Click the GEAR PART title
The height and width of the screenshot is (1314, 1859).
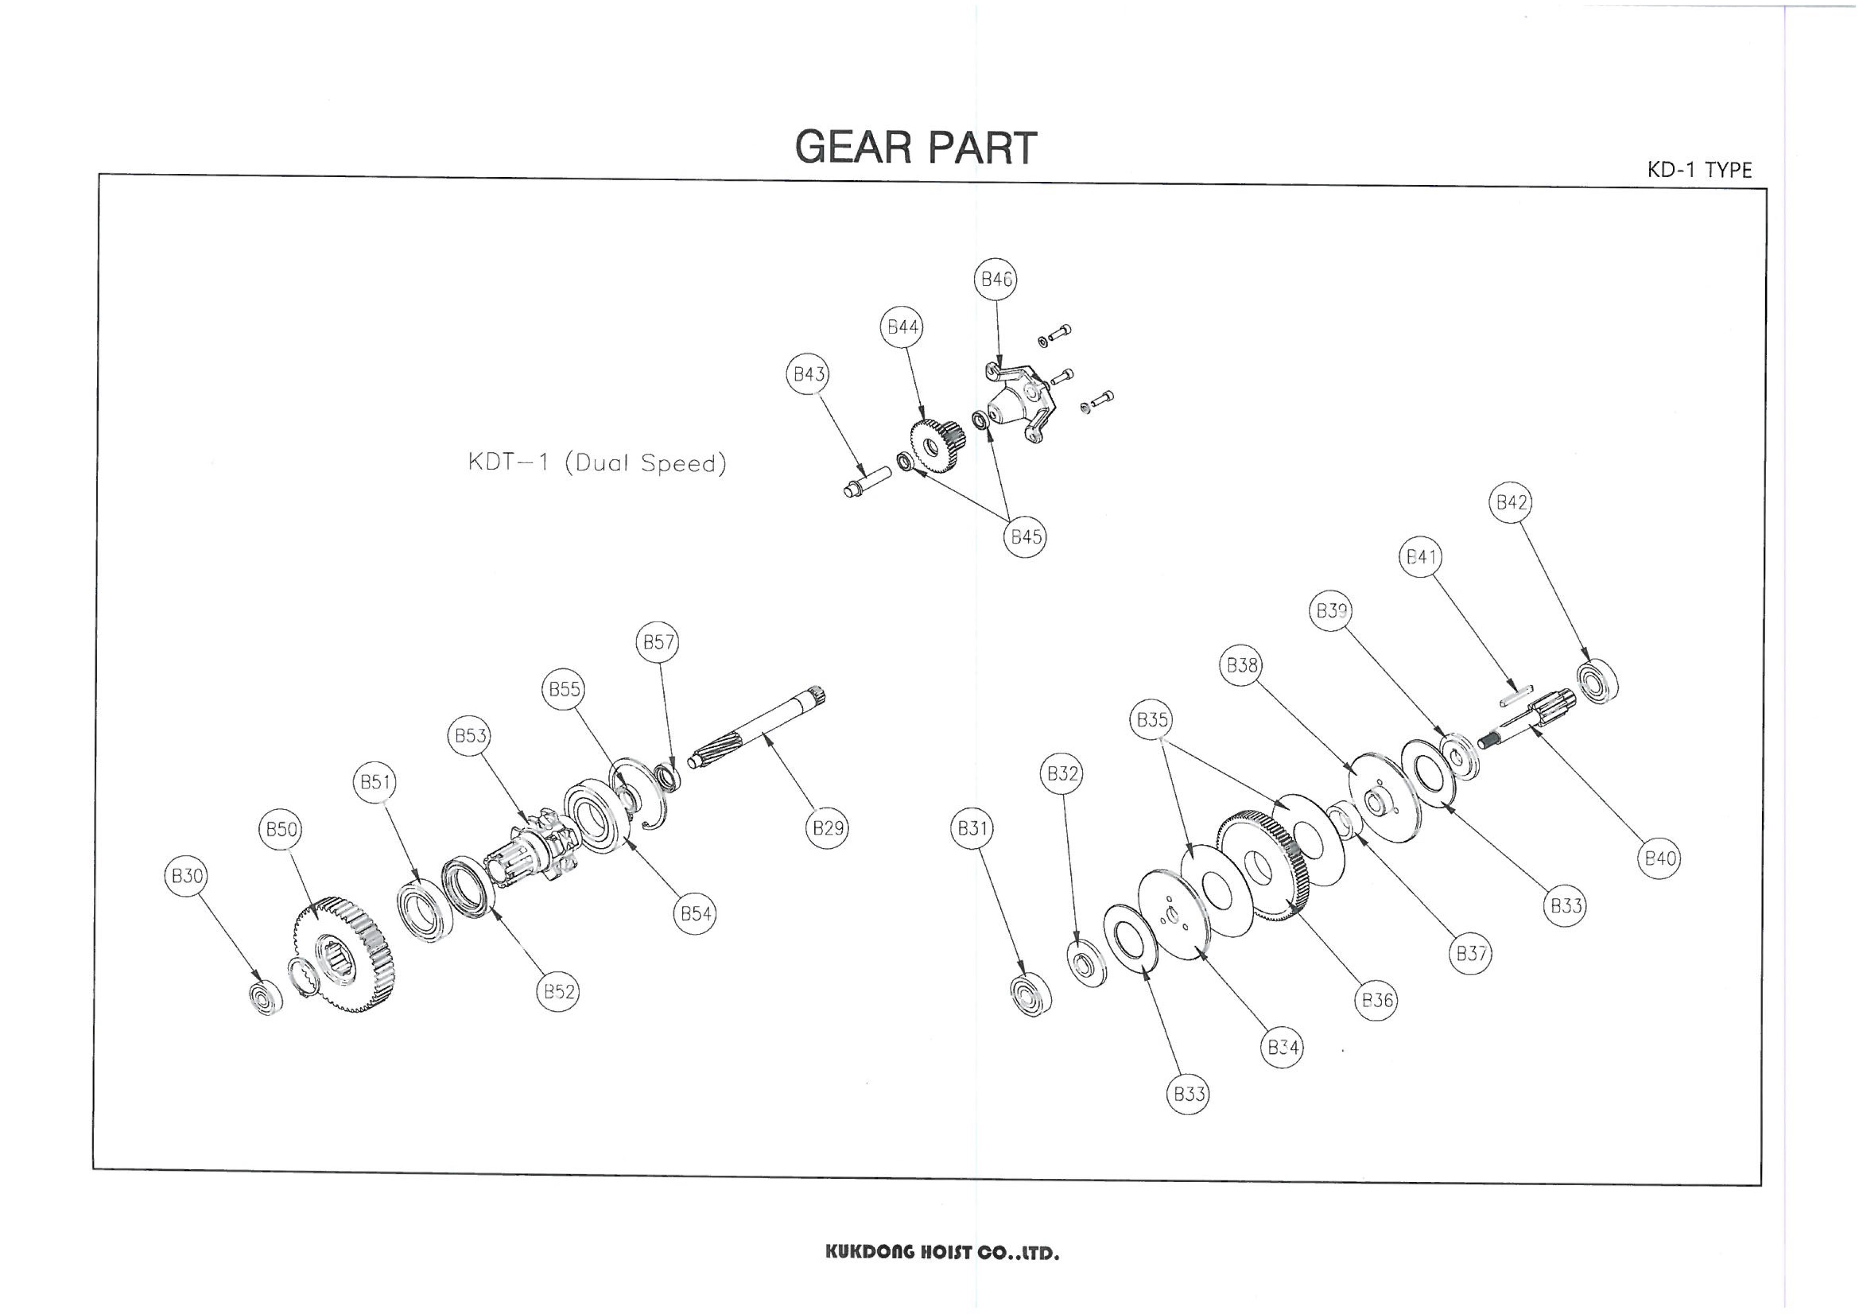click(916, 147)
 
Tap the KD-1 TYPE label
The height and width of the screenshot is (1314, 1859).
click(1699, 170)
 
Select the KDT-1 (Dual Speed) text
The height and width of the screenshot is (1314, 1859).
click(597, 463)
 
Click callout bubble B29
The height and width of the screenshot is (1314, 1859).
click(827, 827)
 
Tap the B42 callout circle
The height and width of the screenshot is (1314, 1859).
click(1511, 503)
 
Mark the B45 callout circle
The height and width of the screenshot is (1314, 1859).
click(1025, 537)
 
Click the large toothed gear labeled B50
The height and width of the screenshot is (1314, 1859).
click(344, 955)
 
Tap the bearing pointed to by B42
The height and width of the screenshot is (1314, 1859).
click(1598, 682)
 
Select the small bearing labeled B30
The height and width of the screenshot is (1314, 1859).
click(266, 998)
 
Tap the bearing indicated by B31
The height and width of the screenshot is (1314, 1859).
click(1032, 993)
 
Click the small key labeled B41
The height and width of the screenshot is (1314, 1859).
click(1516, 696)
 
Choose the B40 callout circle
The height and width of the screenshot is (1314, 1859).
click(1660, 859)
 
